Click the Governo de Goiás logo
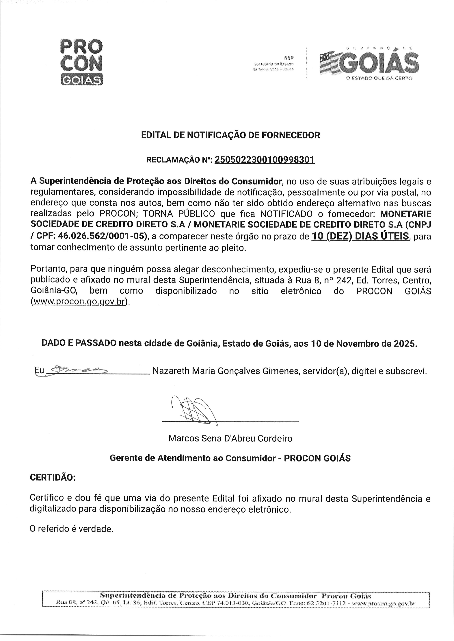click(369, 64)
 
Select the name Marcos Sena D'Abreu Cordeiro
click(230, 438)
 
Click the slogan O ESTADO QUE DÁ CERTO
click(379, 78)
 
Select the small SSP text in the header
click(289, 58)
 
